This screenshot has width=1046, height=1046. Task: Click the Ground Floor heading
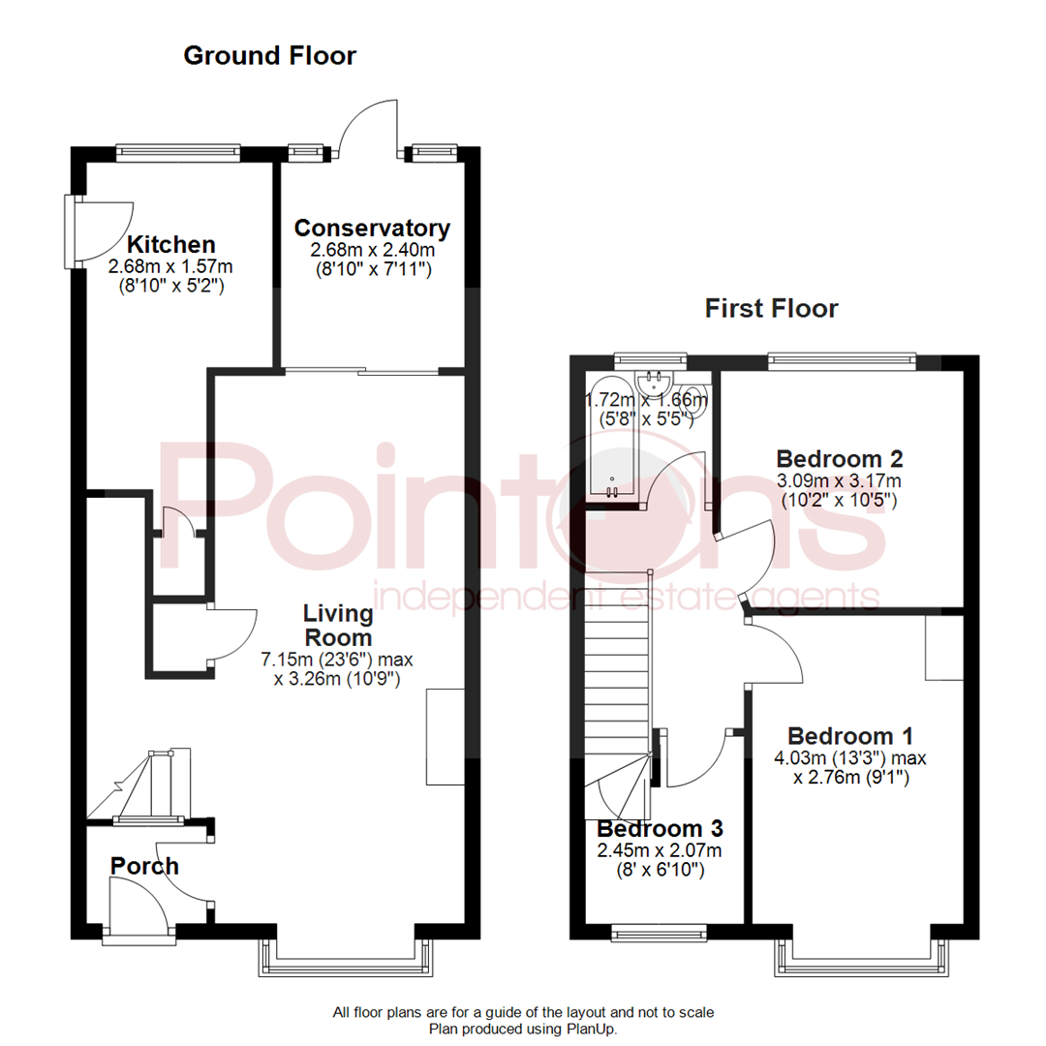click(x=269, y=56)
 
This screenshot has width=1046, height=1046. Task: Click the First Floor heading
click(x=771, y=309)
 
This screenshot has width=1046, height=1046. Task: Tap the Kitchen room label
click(x=171, y=244)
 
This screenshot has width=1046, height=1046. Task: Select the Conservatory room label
click(x=372, y=229)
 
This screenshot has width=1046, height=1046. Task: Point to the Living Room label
click(x=337, y=626)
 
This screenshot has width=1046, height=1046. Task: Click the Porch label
click(x=144, y=865)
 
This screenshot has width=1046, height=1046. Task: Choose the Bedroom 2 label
click(x=840, y=458)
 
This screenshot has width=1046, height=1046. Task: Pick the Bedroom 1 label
click(x=850, y=735)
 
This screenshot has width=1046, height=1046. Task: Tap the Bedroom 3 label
click(x=660, y=829)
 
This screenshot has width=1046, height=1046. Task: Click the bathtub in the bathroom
click(x=612, y=436)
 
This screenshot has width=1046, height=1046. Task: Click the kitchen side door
click(x=97, y=231)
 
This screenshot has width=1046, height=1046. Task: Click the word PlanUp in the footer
click(x=591, y=1030)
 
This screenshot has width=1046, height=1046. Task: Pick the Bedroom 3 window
click(x=660, y=933)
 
